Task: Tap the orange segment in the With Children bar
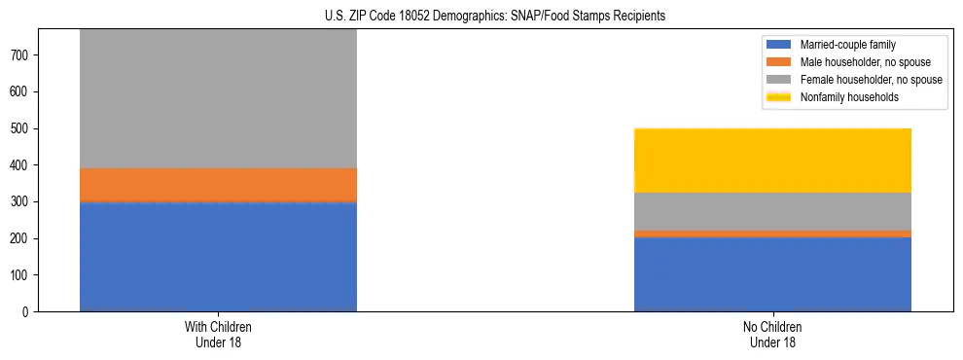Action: (218, 184)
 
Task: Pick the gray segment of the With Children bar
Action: (218, 97)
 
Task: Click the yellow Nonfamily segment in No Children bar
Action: (772, 161)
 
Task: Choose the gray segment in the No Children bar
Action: (772, 211)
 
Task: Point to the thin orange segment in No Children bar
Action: (772, 234)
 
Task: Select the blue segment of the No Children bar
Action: (772, 274)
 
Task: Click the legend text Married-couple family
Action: (847, 45)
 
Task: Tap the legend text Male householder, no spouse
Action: (865, 62)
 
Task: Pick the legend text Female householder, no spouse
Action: (871, 80)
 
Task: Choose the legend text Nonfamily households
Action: (848, 97)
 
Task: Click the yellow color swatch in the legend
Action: (779, 97)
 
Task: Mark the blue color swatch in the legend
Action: (779, 45)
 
